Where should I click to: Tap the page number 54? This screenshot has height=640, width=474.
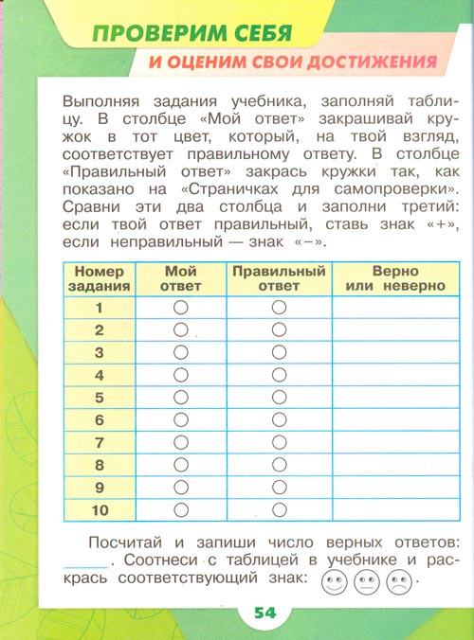click(264, 613)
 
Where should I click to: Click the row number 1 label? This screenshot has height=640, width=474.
click(99, 308)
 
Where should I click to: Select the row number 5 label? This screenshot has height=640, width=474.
click(99, 397)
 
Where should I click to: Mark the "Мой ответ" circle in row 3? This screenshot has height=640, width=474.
click(182, 352)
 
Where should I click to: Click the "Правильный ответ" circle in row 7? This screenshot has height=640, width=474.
click(278, 441)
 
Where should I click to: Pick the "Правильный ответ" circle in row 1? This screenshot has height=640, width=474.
click(278, 308)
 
